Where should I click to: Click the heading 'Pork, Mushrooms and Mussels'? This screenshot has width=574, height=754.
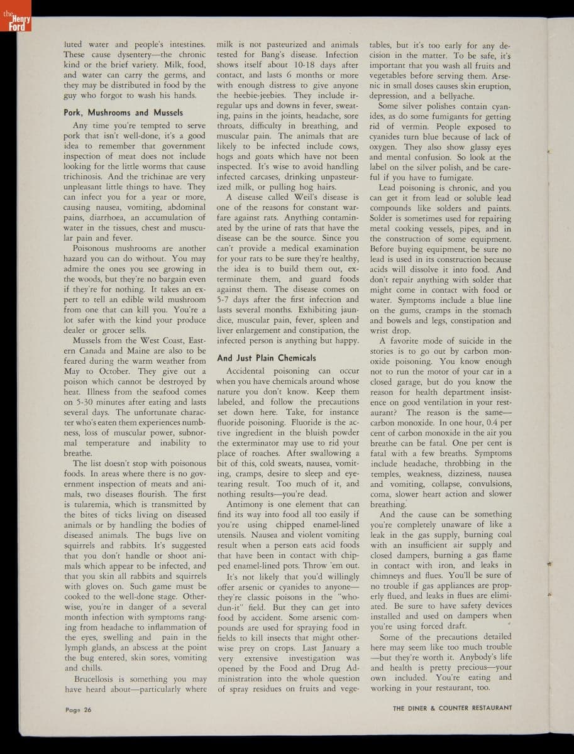point(123,112)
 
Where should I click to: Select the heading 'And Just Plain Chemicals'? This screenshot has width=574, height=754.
point(266,358)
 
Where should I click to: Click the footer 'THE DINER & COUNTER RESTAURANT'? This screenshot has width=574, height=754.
point(452,708)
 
